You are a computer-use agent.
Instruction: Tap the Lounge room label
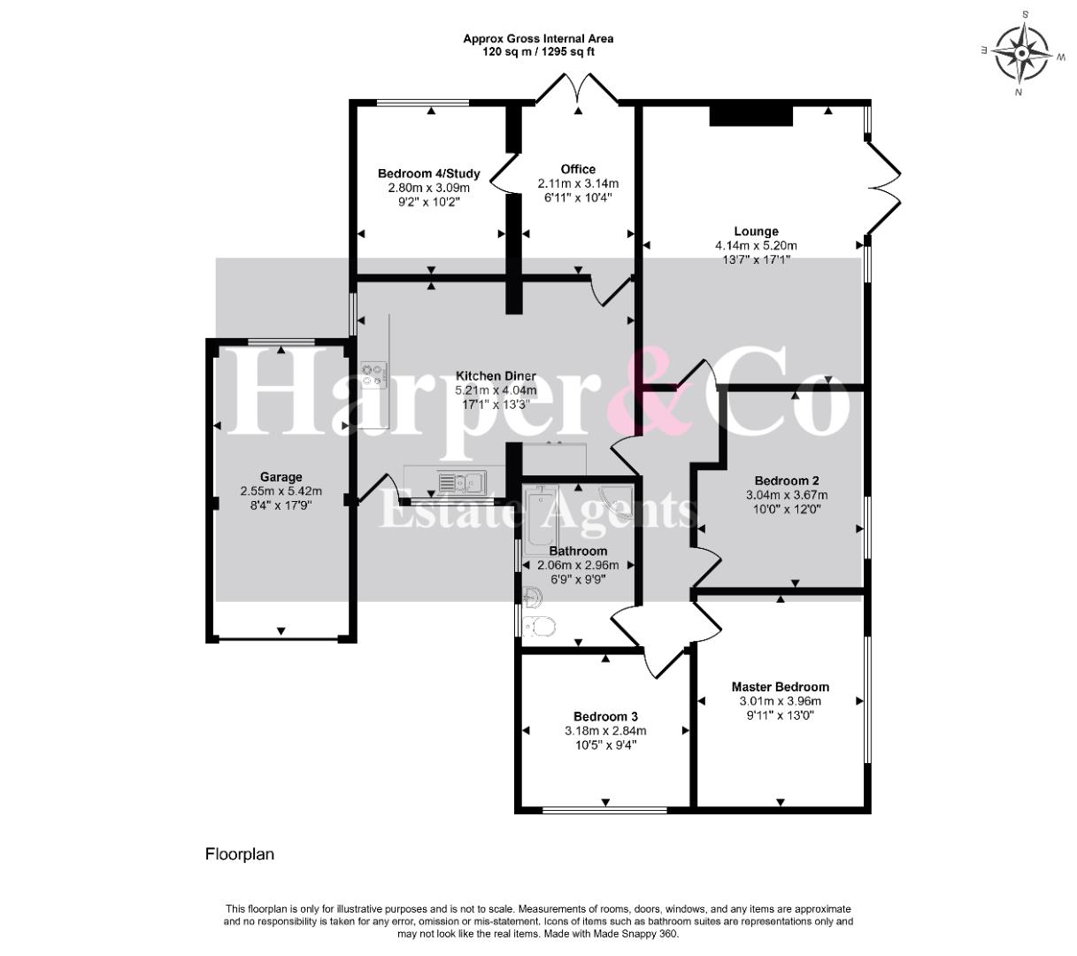pyautogui.click(x=756, y=231)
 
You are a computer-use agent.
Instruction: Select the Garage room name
pyautogui.click(x=281, y=477)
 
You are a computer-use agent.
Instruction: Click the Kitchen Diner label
pyautogui.click(x=496, y=376)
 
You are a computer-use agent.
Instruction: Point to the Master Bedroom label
pyautogui.click(x=780, y=686)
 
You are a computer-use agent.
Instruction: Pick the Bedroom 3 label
pyautogui.click(x=605, y=716)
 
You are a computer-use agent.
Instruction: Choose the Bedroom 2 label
pyautogui.click(x=787, y=481)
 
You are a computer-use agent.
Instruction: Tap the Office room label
pyautogui.click(x=578, y=169)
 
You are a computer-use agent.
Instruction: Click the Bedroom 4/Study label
pyautogui.click(x=428, y=173)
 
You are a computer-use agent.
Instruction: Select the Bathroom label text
pyautogui.click(x=578, y=551)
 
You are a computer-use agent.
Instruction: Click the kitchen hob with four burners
pyautogui.click(x=372, y=374)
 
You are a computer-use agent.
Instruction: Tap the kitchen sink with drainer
pyautogui.click(x=462, y=482)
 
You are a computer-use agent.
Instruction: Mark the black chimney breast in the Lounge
pyautogui.click(x=750, y=115)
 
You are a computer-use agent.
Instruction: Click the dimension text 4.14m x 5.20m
pyautogui.click(x=756, y=246)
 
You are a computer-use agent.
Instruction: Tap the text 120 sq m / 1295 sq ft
pyautogui.click(x=538, y=52)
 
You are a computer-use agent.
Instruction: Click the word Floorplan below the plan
pyautogui.click(x=240, y=854)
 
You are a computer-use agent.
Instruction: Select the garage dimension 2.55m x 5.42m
pyautogui.click(x=281, y=491)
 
